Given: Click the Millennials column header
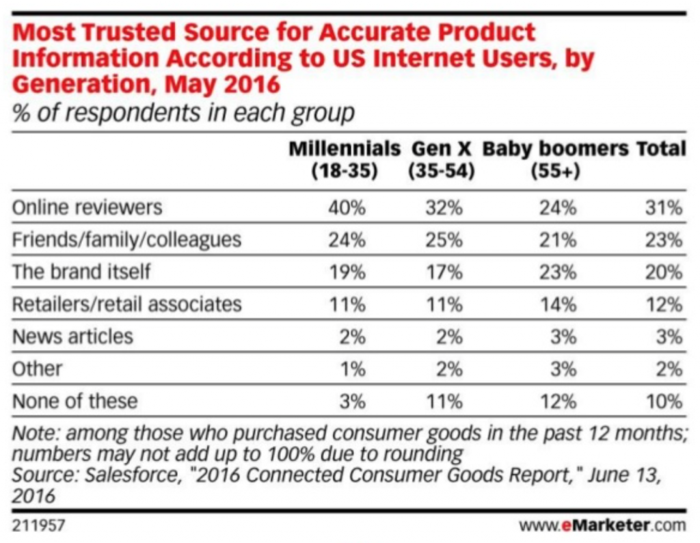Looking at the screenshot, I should [x=344, y=159].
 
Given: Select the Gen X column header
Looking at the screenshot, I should [x=440, y=159].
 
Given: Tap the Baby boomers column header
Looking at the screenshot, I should [x=555, y=159].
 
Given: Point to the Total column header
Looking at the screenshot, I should [x=660, y=148].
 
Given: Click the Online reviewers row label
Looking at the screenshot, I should [x=87, y=207].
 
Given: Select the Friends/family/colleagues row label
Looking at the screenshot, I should [x=126, y=239].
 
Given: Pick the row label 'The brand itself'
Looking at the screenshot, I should [x=81, y=271].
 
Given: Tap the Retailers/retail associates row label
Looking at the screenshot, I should [x=126, y=304].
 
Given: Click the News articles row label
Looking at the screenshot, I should [x=72, y=336].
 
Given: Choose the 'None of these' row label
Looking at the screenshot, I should [x=75, y=400].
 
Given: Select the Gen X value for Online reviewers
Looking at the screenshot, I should [x=445, y=208].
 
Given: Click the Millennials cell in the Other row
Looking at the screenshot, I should [x=353, y=369].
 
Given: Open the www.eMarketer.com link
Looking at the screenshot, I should [x=602, y=526].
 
